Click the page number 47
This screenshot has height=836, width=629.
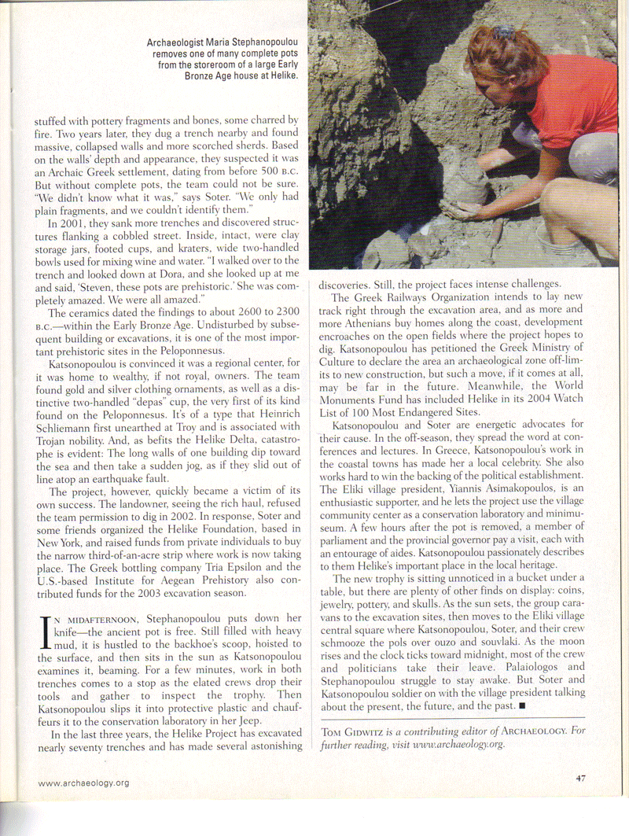[580, 779]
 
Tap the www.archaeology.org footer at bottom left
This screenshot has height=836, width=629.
[83, 783]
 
